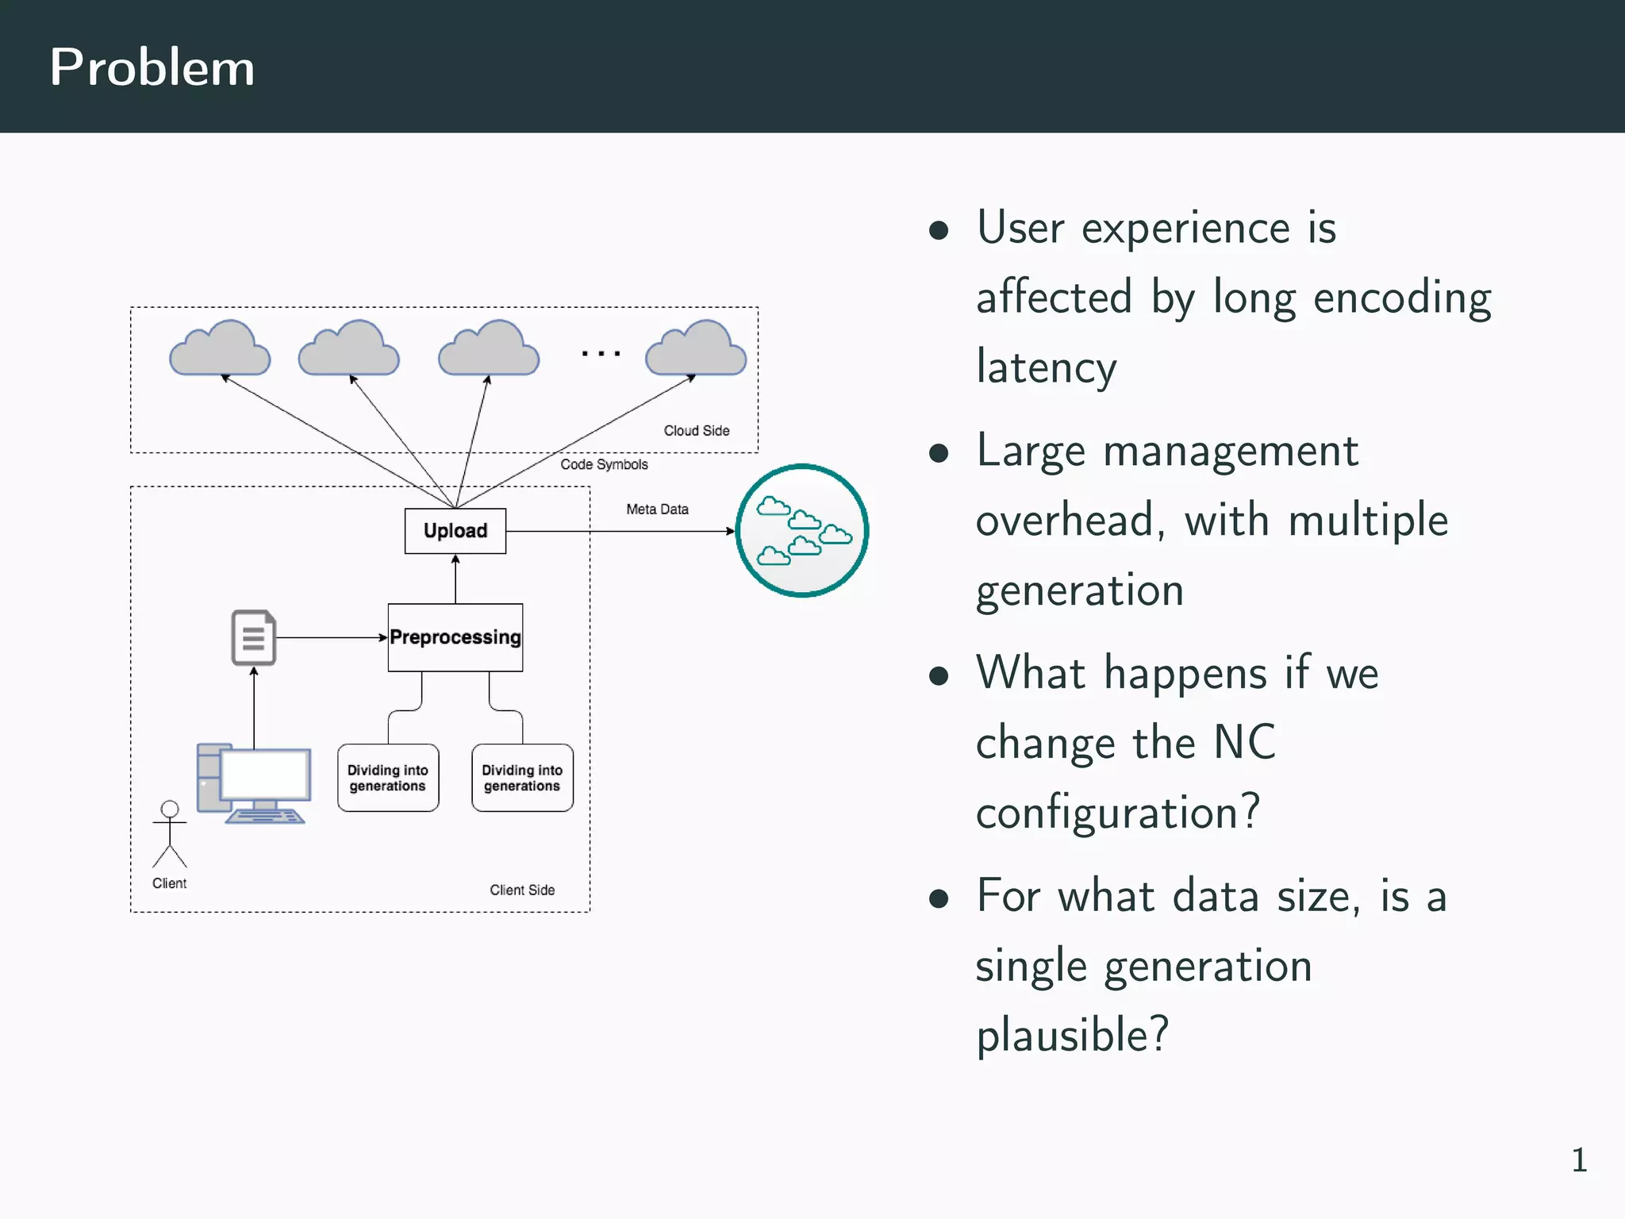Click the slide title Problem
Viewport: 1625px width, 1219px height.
[152, 67]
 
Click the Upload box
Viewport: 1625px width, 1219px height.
[455, 531]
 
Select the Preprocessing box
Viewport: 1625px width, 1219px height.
[455, 637]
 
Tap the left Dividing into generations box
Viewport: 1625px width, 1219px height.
[387, 778]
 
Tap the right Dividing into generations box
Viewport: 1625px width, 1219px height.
[522, 778]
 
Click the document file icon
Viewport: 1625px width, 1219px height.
[253, 637]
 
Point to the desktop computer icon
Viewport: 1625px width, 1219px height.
[254, 784]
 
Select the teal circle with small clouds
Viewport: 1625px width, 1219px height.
[802, 530]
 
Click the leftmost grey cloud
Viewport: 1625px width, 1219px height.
[220, 350]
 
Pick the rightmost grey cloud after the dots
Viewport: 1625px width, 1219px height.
[696, 350]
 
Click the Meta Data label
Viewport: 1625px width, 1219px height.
[657, 510]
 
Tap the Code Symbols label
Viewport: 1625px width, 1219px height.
[604, 464]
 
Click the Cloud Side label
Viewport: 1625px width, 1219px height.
[696, 431]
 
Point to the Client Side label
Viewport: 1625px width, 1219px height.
[521, 890]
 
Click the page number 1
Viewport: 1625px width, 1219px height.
[1579, 1160]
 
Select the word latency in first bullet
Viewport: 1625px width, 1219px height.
[1046, 367]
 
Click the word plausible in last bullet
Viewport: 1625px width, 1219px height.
[1071, 1035]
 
